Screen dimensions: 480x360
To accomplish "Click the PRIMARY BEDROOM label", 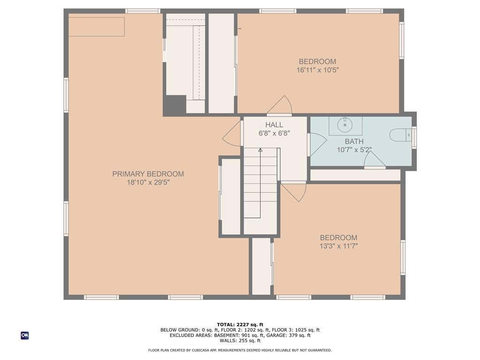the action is pyautogui.click(x=148, y=174).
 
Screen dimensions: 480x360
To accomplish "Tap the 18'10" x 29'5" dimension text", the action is pyautogui.click(x=148, y=183).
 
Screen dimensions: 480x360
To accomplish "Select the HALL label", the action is pyautogui.click(x=274, y=125).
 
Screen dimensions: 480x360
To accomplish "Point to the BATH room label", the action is pyautogui.click(x=354, y=142).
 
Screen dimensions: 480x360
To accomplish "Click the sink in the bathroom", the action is pyautogui.click(x=345, y=125).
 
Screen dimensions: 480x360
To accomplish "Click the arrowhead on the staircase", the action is pyautogui.click(x=260, y=150).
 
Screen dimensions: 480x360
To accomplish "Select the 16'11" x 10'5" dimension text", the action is pyautogui.click(x=317, y=70).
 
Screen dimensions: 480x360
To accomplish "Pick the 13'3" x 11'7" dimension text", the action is pyautogui.click(x=339, y=246).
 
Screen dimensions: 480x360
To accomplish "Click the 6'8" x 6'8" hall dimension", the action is pyautogui.click(x=274, y=134).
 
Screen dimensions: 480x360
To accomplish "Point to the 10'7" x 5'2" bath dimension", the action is pyautogui.click(x=354, y=150).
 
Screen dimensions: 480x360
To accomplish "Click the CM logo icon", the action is pyautogui.click(x=25, y=336).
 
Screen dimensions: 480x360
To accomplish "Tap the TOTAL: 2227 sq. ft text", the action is pyautogui.click(x=240, y=324).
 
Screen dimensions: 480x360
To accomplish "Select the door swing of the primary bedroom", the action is pyautogui.click(x=232, y=134).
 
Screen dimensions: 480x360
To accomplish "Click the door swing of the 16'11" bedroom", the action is pyautogui.click(x=280, y=105).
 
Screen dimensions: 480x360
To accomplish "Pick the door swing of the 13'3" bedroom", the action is pyautogui.click(x=294, y=192).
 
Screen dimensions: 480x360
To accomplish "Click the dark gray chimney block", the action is pyautogui.click(x=174, y=104).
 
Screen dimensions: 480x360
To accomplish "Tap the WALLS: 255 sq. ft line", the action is pyautogui.click(x=240, y=340).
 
